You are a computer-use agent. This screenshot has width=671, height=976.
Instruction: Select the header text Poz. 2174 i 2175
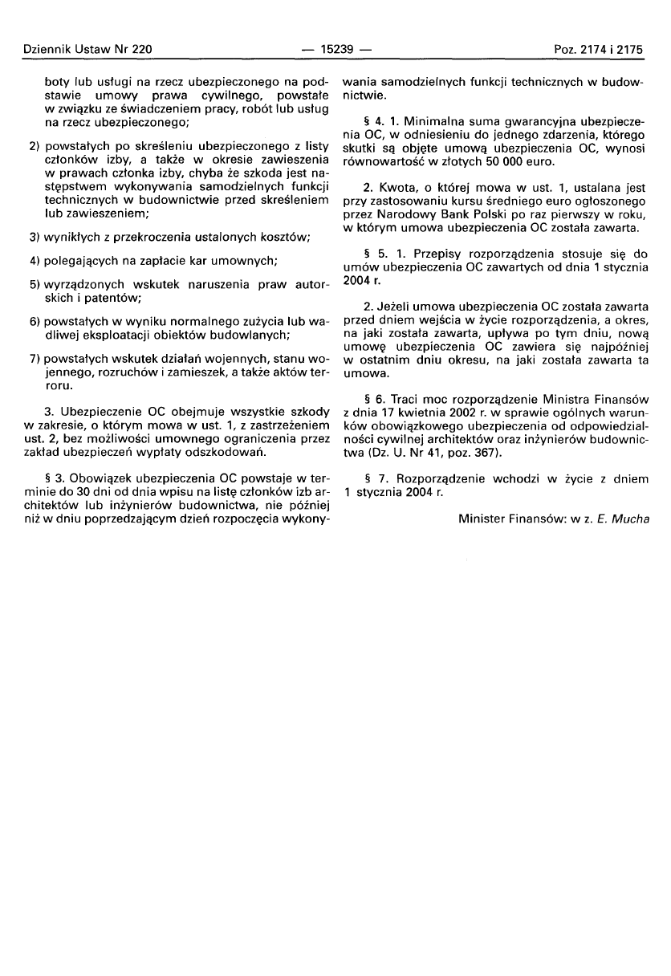coord(599,49)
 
